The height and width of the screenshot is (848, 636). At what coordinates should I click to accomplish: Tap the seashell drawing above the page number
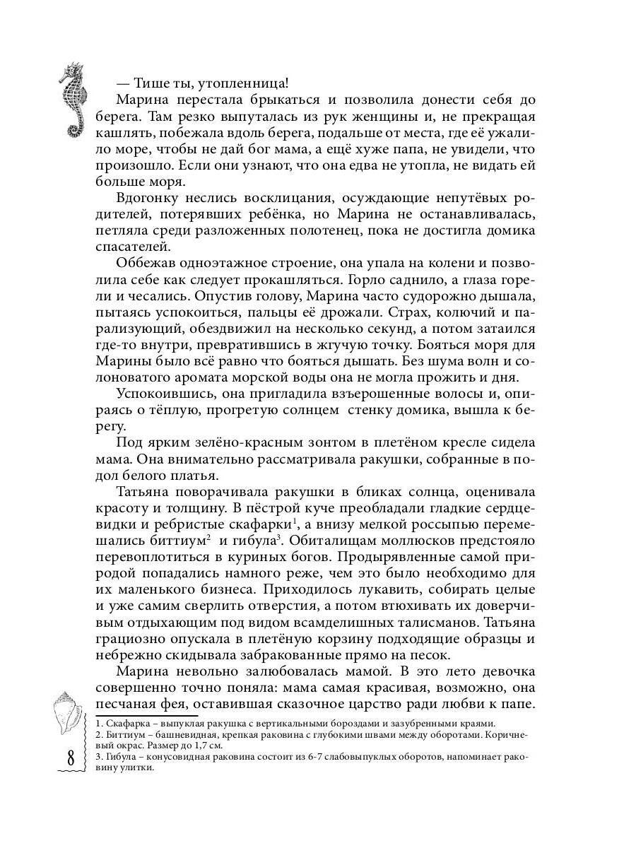(68, 713)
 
